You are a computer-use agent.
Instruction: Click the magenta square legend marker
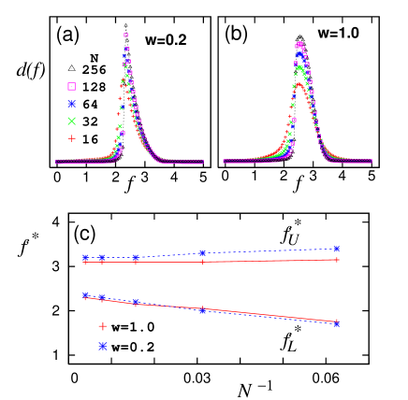72,86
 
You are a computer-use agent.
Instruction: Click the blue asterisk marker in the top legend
72,104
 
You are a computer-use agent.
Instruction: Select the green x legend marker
71,121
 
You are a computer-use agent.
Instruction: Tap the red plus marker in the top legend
71,137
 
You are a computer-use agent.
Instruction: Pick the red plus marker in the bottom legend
103,326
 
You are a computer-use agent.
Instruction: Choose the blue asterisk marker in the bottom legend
103,346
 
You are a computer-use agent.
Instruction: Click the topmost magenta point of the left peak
125,36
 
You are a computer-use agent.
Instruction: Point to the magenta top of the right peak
299,43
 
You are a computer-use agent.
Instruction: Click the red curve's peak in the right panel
299,84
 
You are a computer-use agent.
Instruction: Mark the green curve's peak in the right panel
299,66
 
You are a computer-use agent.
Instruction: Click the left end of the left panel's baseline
57,162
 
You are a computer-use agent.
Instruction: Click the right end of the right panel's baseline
371,162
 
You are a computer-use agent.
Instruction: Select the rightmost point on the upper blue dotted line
337,249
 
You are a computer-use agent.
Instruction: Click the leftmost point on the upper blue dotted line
85,256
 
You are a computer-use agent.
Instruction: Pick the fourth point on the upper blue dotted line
202,252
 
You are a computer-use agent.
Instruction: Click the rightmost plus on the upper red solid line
337,260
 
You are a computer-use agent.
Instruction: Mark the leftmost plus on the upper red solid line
85,263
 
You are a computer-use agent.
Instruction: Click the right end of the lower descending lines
337,322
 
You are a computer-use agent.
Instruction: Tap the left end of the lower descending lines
85,296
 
